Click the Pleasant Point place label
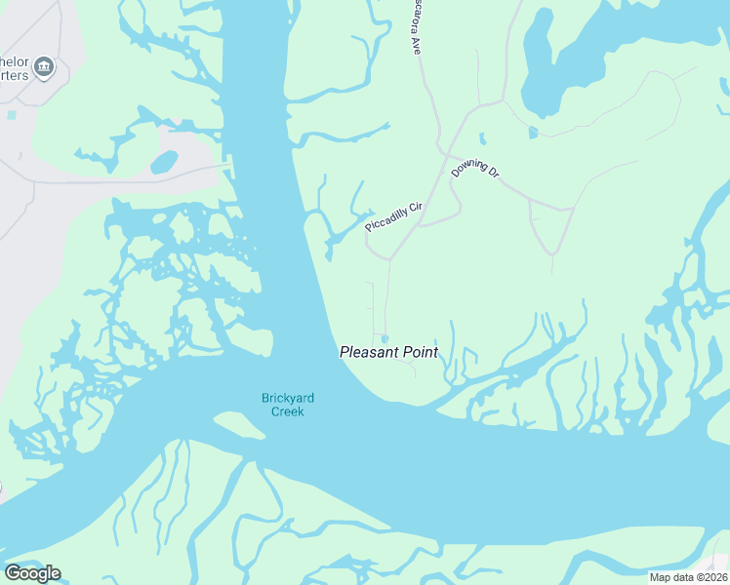[x=388, y=352]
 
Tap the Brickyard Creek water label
[x=283, y=404]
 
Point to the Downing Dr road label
[x=475, y=172]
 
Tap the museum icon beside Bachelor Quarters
[x=44, y=67]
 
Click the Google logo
[x=32, y=573]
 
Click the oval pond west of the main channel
[x=164, y=161]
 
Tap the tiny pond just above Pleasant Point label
[x=385, y=339]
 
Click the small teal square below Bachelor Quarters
[x=12, y=115]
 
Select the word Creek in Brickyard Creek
[x=288, y=411]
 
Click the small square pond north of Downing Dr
[x=533, y=133]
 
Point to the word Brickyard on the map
[x=283, y=397]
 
